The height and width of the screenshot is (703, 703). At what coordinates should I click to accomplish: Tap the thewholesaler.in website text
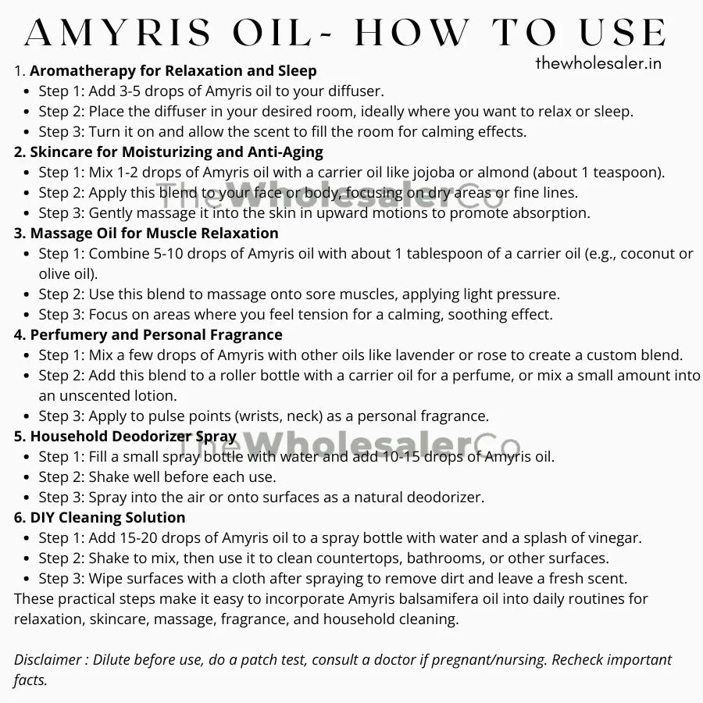click(598, 63)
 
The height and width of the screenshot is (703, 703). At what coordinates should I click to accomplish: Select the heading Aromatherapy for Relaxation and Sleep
click(173, 71)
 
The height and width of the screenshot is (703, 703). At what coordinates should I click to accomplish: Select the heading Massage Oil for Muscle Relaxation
click(154, 233)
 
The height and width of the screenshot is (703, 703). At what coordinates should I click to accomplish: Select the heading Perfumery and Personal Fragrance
click(156, 335)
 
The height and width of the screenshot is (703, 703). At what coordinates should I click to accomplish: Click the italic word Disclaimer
click(48, 660)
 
